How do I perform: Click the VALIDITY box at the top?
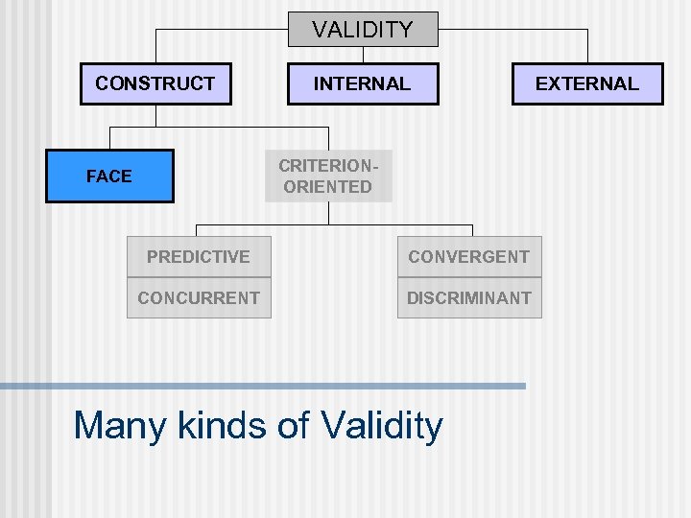pyautogui.click(x=363, y=30)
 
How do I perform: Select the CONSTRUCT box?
pyautogui.click(x=155, y=83)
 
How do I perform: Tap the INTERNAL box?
pyautogui.click(x=363, y=83)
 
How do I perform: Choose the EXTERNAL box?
pyautogui.click(x=586, y=83)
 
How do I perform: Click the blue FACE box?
pyautogui.click(x=109, y=176)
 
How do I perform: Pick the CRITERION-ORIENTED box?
pyautogui.click(x=328, y=176)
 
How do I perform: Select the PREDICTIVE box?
pyautogui.click(x=199, y=257)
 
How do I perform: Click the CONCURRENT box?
pyautogui.click(x=199, y=297)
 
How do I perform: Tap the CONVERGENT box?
pyautogui.click(x=469, y=257)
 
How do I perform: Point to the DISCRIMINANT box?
pyautogui.click(x=469, y=297)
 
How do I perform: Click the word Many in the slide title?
pyautogui.click(x=114, y=425)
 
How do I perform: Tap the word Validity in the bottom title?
pyautogui.click(x=382, y=425)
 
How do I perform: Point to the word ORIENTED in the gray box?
pyautogui.click(x=328, y=187)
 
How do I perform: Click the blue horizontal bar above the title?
pyautogui.click(x=263, y=386)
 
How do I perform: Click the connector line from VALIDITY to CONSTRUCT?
pyautogui.click(x=221, y=30)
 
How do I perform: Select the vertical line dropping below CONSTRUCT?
pyautogui.click(x=155, y=115)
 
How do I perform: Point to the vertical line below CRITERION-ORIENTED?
pyautogui.click(x=328, y=213)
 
